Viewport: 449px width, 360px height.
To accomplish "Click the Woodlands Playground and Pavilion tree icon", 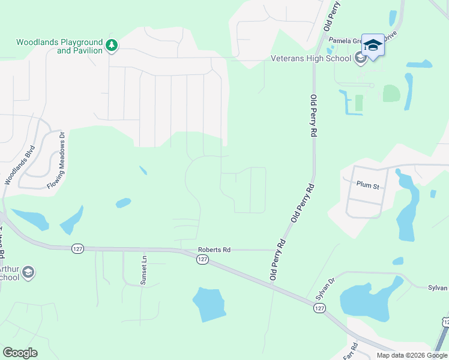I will point(111,45).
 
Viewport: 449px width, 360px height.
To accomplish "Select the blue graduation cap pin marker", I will point(373,46).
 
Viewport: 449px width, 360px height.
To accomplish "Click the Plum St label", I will point(367,186).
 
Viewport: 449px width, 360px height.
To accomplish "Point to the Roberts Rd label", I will point(214,250).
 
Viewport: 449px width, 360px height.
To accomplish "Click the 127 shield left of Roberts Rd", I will point(77,248).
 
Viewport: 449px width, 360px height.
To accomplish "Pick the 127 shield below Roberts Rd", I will point(202,259).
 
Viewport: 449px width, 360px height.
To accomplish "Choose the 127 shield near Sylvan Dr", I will point(318,307).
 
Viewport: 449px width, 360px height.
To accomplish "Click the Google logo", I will point(20,353).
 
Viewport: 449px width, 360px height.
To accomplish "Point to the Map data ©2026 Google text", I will point(412,355).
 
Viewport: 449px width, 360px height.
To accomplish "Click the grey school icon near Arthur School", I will point(28,273).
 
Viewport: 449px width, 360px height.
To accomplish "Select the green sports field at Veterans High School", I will point(391,94).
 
